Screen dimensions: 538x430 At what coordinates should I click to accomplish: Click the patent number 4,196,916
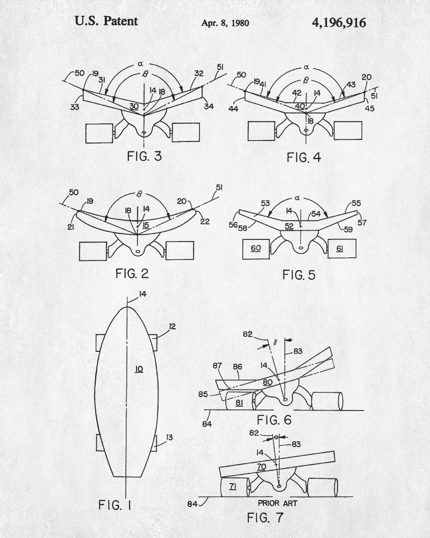339,22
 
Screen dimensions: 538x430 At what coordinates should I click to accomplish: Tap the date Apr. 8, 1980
225,23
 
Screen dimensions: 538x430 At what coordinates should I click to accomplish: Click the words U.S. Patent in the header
106,21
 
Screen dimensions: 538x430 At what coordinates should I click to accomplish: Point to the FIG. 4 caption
305,159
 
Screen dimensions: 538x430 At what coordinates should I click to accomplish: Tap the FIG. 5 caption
299,275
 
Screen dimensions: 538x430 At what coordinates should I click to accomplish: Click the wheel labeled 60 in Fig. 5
255,248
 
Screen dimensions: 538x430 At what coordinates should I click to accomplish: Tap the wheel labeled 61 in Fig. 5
339,249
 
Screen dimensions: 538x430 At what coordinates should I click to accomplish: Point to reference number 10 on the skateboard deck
139,369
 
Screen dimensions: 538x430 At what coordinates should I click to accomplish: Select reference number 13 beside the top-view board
170,438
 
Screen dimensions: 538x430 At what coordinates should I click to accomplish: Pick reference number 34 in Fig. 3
209,106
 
